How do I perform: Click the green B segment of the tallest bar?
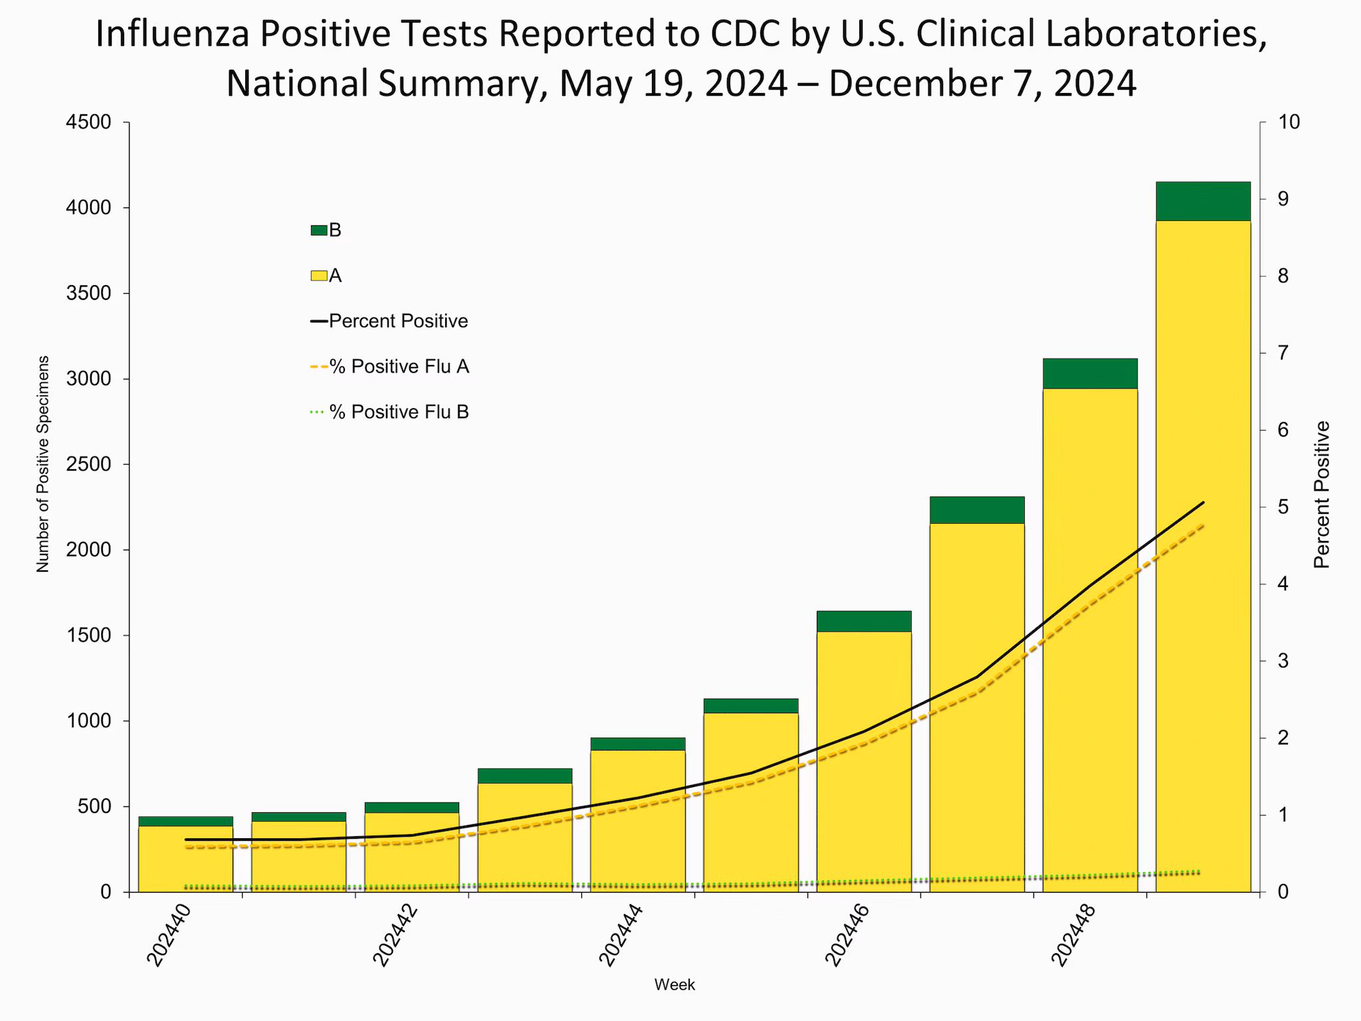point(1203,201)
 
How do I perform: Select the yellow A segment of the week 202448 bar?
point(1090,638)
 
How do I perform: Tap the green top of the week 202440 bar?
point(185,821)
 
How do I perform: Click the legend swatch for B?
point(319,231)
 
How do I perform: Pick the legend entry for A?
point(326,276)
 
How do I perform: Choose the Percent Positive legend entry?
point(389,322)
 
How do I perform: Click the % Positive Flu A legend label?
point(399,367)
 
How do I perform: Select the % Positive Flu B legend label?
point(399,412)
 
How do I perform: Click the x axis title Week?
point(675,985)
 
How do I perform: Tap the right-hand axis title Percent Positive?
point(1322,495)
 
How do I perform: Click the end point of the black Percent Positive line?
point(1204,503)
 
